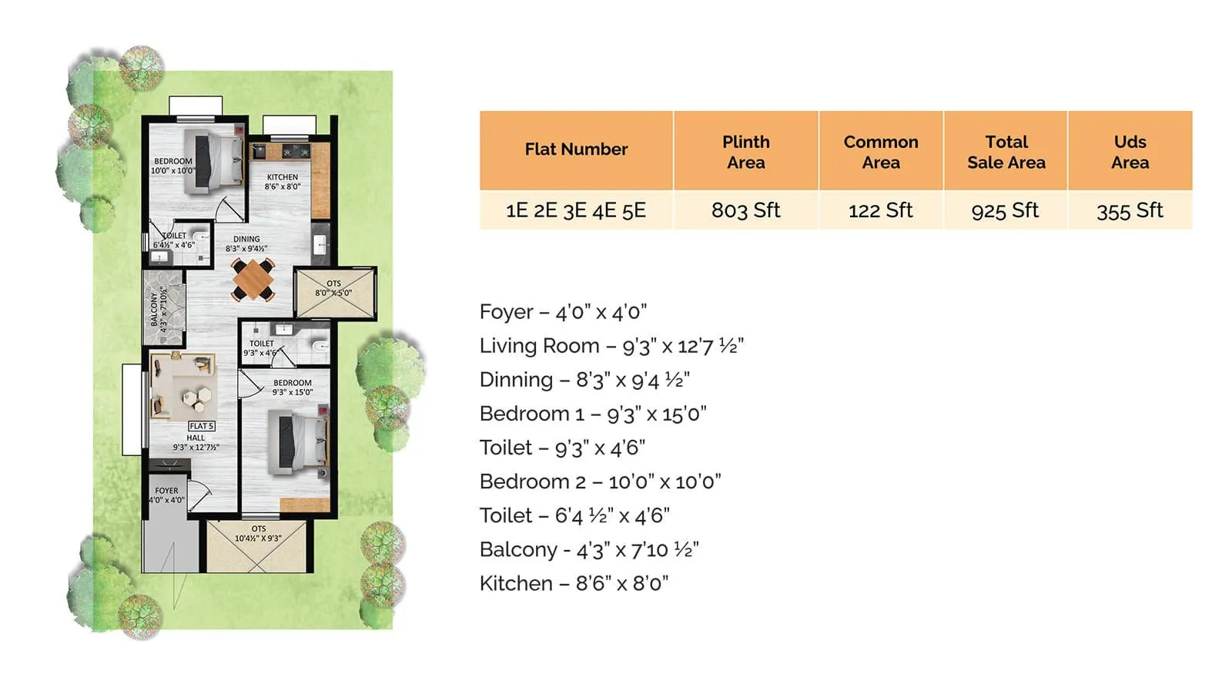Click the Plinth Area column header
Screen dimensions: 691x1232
[745, 152]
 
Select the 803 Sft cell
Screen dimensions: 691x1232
[745, 210]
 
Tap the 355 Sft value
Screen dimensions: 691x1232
[1129, 210]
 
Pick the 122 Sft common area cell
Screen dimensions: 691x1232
[880, 210]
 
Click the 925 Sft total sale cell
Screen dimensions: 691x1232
[1005, 210]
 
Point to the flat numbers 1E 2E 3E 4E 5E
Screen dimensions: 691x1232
[575, 210]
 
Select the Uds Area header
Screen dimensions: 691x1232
[1129, 152]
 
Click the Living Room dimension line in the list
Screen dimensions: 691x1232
[611, 346]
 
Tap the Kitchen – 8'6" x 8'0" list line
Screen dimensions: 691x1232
[574, 583]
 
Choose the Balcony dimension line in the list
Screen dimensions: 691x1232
[589, 549]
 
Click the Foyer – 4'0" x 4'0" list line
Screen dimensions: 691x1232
[563, 312]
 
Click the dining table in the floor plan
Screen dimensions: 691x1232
[253, 280]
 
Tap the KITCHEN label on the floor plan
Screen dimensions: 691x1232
[283, 177]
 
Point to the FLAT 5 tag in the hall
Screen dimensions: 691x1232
[201, 426]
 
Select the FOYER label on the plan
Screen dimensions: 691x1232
[166, 491]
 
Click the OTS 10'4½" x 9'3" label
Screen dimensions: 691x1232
[258, 533]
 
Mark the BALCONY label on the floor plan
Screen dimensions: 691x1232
[154, 308]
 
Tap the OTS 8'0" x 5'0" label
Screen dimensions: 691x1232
[333, 288]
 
